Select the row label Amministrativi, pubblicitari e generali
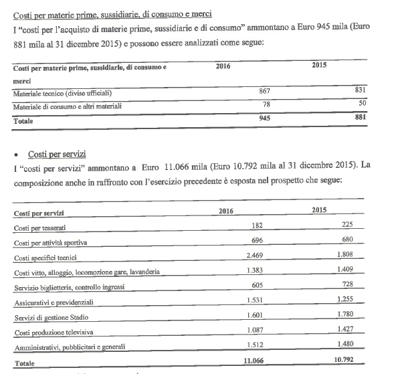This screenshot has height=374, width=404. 69,347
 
